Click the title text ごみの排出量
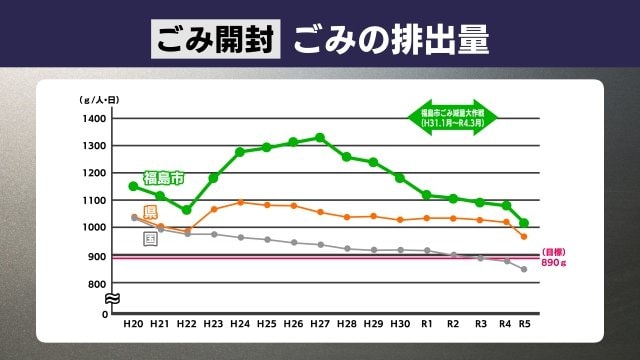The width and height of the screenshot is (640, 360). pyautogui.click(x=391, y=39)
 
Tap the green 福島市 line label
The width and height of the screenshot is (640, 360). pyautogui.click(x=163, y=178)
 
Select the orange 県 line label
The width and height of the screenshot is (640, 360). pyautogui.click(x=150, y=212)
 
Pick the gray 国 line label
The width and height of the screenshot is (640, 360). pyautogui.click(x=150, y=239)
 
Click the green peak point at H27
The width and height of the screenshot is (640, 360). pyautogui.click(x=320, y=137)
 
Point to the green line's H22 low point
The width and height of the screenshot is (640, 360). pyautogui.click(x=186, y=210)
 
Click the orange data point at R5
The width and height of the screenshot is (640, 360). pyautogui.click(x=524, y=236)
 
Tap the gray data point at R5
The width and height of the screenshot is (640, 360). pyautogui.click(x=524, y=269)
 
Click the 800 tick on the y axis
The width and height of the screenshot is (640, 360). pyautogui.click(x=96, y=285)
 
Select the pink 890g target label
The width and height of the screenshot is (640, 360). pyautogui.click(x=555, y=257)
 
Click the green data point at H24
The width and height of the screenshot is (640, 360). pyautogui.click(x=240, y=152)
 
